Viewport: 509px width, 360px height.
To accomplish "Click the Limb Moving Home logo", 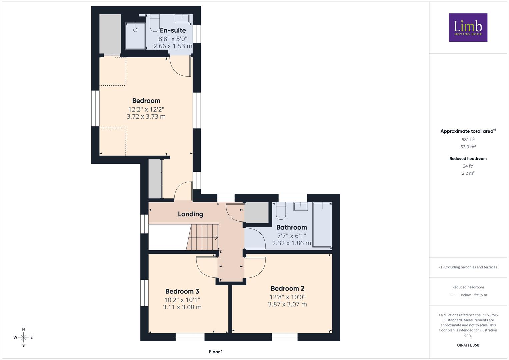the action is coord(468,27).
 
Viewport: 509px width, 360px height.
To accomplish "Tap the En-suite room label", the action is coord(173,30).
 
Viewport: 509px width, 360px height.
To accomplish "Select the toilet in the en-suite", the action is coord(155,23).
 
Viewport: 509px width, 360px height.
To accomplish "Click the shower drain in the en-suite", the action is coord(135,30).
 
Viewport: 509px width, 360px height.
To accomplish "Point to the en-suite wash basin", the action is coord(182,19).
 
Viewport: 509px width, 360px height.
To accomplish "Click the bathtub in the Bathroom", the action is coord(322,225).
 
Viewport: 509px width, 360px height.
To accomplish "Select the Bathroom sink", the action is coord(301,206).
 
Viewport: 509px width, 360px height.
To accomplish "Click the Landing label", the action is coord(190,214).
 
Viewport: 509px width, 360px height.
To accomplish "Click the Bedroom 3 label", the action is coord(182,291).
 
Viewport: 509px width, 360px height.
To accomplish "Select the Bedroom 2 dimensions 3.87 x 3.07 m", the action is coord(287,304).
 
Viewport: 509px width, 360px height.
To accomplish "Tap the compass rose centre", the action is coord(23,337).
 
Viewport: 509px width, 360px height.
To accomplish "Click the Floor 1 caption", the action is coord(216,352).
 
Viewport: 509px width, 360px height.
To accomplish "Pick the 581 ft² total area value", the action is coord(468,140).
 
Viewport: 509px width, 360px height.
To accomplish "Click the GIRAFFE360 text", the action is coord(468,345).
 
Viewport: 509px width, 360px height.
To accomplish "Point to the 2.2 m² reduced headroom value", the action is coord(468,173).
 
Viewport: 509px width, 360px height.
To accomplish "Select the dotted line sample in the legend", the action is coord(454,295).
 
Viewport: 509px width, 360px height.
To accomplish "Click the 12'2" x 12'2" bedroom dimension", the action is coord(146,109).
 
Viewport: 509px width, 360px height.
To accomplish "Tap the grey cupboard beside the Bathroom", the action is coord(257,213).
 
